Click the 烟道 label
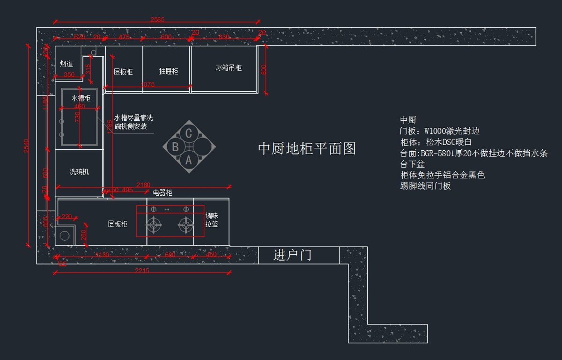pyautogui.click(x=67, y=64)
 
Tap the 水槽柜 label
pyautogui.click(x=81, y=98)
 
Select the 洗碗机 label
pyautogui.click(x=79, y=172)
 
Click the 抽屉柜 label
pyautogui.click(x=169, y=72)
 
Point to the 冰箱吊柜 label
pyautogui.click(x=229, y=68)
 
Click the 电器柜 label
pyautogui.click(x=163, y=193)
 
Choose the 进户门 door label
pyautogui.click(x=292, y=256)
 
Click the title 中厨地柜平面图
pyautogui.click(x=307, y=148)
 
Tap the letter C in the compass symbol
pyautogui.click(x=189, y=133)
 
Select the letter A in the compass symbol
pyautogui.click(x=189, y=160)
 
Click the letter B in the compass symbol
pyautogui.click(x=175, y=147)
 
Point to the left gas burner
pyautogui.click(x=154, y=225)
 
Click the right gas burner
pyautogui.click(x=186, y=225)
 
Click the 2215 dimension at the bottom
pyautogui.click(x=142, y=271)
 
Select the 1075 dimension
pyautogui.click(x=147, y=84)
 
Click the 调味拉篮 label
pyautogui.click(x=212, y=220)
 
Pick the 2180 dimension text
pyautogui.click(x=143, y=185)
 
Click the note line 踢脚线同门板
pyautogui.click(x=425, y=186)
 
